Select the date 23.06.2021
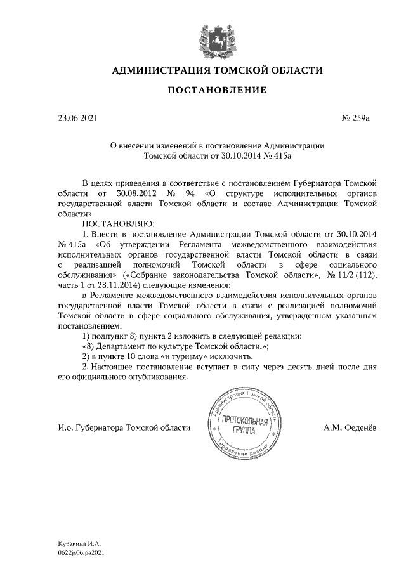[x=77, y=118]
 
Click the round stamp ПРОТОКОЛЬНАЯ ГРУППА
[x=243, y=426]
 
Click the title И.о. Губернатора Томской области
[x=124, y=427]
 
